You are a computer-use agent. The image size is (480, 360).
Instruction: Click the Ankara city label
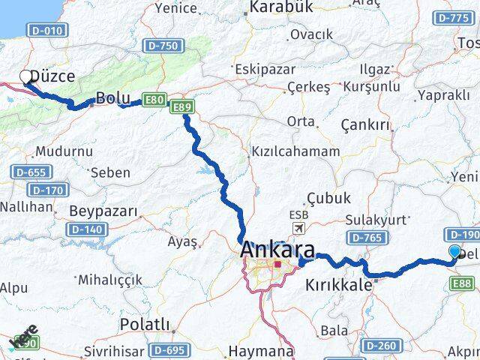tap(277, 250)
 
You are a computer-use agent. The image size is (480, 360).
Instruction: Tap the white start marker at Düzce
tap(26, 77)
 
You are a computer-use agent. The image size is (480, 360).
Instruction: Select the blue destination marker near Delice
tap(454, 253)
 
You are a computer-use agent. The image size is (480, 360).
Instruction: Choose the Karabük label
tap(280, 7)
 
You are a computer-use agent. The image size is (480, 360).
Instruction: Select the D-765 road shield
tap(367, 238)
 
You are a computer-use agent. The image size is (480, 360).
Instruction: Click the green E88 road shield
tap(463, 282)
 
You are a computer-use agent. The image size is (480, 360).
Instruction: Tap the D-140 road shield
tap(84, 229)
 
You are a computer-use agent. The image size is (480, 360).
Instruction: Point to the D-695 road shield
tap(168, 350)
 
